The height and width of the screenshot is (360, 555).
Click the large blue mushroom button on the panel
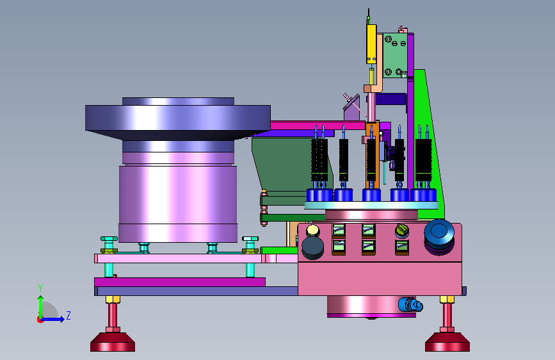pyautogui.click(x=439, y=233)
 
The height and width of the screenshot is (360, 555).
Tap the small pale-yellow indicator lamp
pyautogui.click(x=312, y=231)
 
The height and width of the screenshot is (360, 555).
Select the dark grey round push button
pyautogui.click(x=312, y=248)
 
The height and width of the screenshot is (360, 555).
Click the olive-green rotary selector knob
pyautogui.click(x=402, y=231)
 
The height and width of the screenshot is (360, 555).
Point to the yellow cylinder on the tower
pyautogui.click(x=371, y=44)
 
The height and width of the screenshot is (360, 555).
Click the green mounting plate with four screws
pyautogui.click(x=395, y=55)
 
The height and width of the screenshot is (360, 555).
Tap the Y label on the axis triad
pyautogui.click(x=40, y=288)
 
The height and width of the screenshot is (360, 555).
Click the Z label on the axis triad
pyautogui.click(x=68, y=315)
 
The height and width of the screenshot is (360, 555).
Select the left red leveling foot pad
pyautogui.click(x=113, y=341)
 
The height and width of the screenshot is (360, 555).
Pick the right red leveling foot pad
pyautogui.click(x=447, y=341)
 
